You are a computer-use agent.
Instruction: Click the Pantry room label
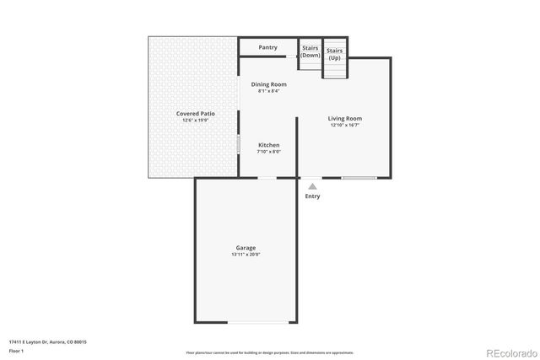click(268, 47)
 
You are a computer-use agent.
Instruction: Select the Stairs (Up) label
click(335, 54)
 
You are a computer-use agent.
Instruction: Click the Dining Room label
click(269, 84)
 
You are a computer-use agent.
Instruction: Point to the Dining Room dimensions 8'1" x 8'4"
click(269, 91)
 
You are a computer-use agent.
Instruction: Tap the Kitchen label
click(268, 145)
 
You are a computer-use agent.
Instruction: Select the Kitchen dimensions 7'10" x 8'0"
click(268, 153)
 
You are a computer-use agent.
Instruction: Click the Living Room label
click(345, 119)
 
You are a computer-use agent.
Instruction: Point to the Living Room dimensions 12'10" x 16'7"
click(345, 126)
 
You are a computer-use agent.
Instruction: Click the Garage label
click(246, 247)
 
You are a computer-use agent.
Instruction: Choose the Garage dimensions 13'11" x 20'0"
click(246, 255)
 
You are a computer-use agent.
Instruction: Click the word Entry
click(312, 196)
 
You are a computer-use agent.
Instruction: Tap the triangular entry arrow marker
click(312, 185)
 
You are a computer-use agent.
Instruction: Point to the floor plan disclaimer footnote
click(269, 352)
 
